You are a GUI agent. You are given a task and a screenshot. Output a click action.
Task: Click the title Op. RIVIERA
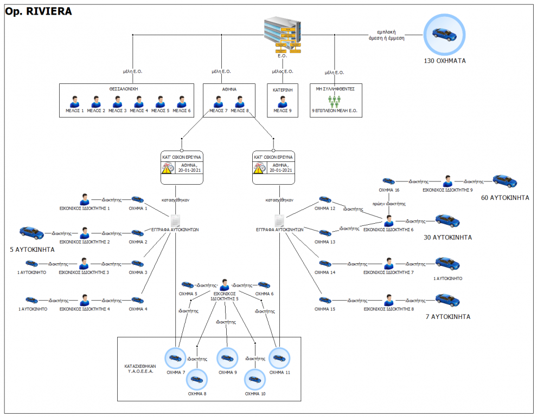coord(38,11)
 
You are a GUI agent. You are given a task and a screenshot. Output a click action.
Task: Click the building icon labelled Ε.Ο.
coord(282,34)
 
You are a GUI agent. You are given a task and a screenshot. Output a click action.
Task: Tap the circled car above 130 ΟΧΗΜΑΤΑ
coord(444,34)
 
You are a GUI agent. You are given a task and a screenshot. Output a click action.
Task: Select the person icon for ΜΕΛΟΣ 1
coord(74,101)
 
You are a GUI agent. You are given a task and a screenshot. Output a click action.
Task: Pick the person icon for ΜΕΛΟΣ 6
coord(181,101)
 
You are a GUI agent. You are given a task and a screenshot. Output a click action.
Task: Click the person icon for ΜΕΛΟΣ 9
coord(283,101)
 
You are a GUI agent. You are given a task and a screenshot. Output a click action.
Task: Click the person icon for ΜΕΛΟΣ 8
coord(239,101)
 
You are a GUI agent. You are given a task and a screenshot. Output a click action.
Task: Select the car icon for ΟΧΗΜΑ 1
coord(138,199)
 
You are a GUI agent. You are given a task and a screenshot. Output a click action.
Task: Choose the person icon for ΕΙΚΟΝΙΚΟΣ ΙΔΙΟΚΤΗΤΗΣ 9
coord(448,181)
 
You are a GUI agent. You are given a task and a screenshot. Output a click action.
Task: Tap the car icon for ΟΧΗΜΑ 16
coord(389,181)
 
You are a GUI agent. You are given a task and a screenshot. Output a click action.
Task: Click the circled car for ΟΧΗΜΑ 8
coord(197,379)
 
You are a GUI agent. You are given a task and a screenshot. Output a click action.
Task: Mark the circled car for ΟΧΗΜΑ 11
coord(279,358)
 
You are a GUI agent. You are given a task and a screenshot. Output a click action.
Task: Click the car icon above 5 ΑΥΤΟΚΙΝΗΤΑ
coord(31,233)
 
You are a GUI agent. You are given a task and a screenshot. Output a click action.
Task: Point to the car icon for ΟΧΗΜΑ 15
coord(325,299)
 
